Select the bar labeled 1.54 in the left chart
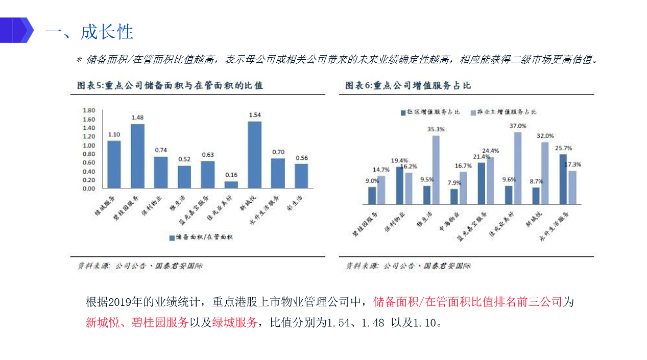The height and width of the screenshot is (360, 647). (x=254, y=154)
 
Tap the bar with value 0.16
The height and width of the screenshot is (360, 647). (x=231, y=184)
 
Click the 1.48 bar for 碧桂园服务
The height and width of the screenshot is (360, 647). (x=137, y=156)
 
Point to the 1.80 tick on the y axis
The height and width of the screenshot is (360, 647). (x=89, y=110)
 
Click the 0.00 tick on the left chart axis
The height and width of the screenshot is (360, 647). (x=89, y=188)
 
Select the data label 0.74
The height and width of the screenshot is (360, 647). (x=161, y=150)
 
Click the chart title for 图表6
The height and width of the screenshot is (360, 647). (x=408, y=85)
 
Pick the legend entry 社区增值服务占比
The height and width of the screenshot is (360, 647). (x=430, y=112)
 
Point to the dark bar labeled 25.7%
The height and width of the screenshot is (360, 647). (x=563, y=179)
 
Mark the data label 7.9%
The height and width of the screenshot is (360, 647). (x=453, y=182)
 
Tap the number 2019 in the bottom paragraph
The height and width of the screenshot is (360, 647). (x=119, y=302)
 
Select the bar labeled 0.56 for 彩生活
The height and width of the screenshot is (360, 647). (x=301, y=176)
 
